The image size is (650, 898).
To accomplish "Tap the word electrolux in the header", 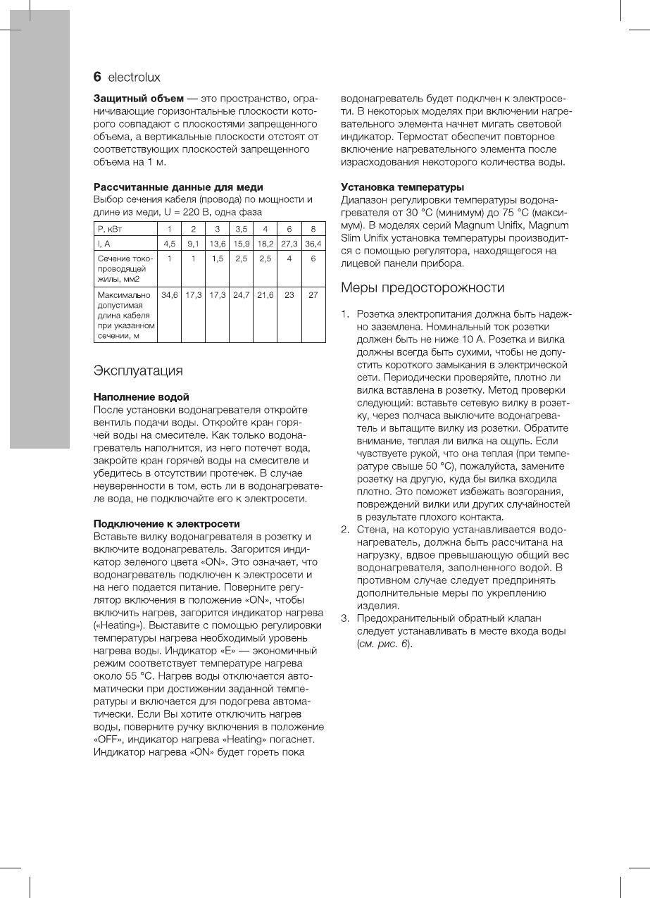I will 134,77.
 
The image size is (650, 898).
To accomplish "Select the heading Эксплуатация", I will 138,370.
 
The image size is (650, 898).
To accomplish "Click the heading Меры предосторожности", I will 423,287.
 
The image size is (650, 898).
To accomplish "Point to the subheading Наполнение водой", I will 142,397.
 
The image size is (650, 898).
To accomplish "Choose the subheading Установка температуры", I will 402,187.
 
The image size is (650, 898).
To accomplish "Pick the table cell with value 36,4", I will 313,244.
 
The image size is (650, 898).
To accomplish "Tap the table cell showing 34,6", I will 170,294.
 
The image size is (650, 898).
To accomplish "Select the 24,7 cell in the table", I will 242,294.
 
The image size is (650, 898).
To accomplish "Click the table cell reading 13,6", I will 218,244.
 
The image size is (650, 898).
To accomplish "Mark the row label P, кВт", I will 110,229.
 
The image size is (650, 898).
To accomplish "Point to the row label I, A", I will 104,244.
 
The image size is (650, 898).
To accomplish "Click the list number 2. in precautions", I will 345,530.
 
